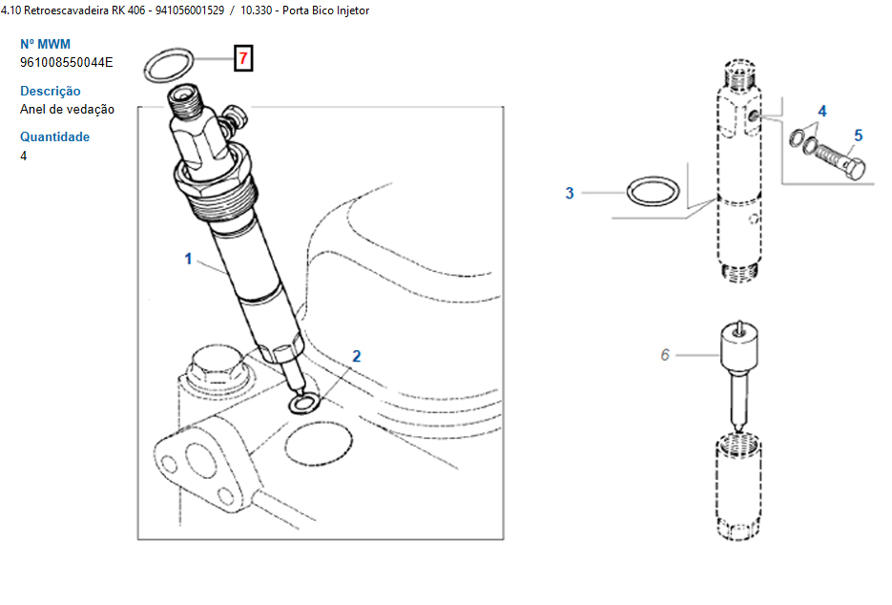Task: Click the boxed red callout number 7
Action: [243, 58]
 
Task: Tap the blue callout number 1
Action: [188, 259]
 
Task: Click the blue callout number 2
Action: [357, 356]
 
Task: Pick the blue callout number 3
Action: [570, 193]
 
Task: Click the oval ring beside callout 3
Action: [628, 192]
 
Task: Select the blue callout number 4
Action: [822, 111]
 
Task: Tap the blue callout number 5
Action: [859, 136]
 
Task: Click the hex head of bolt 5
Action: [854, 169]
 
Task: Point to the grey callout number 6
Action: [665, 355]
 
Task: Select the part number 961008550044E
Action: [67, 63]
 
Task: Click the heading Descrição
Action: [50, 91]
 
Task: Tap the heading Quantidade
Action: [54, 137]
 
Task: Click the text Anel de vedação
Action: [67, 110]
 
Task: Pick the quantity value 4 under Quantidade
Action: [23, 156]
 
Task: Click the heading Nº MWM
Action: [45, 45]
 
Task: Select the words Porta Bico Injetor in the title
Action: [325, 10]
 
